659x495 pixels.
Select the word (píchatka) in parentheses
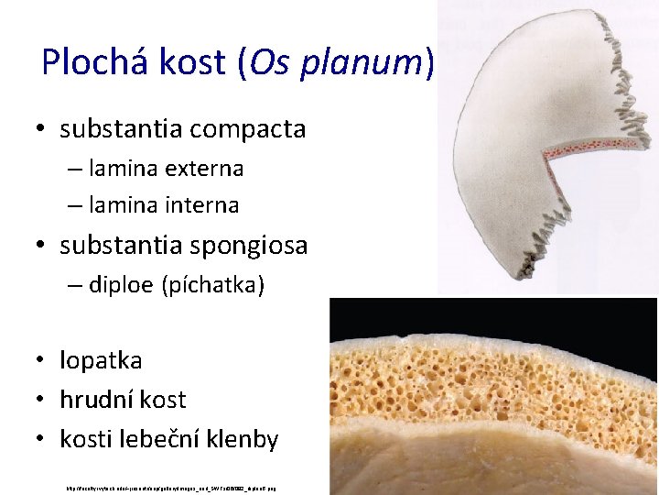[x=212, y=286]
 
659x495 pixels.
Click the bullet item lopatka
[x=101, y=360]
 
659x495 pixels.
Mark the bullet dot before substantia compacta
[x=42, y=130]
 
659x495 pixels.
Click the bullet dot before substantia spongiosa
[x=42, y=247]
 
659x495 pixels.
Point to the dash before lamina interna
[x=74, y=206]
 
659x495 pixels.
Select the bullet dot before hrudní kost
[x=42, y=401]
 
